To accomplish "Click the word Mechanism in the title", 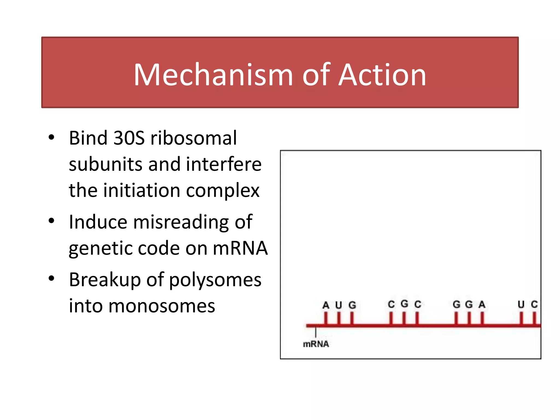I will point(213,75).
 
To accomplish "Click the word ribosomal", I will point(194,138).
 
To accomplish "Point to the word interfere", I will point(224,164).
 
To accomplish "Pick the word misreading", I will point(181,222).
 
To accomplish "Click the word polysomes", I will point(215,280).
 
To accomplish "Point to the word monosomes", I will point(162,306).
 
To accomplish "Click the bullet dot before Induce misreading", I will point(51,221).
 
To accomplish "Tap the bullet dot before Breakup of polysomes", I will point(51,279).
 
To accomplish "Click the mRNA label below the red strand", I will point(316,344).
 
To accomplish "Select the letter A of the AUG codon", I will point(326,305).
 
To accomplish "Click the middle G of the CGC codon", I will point(404,304).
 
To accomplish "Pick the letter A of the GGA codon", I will point(482,304).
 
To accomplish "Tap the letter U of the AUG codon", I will point(339,305).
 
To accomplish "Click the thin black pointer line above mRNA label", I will point(316,332).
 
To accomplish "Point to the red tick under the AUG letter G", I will point(352,319).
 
